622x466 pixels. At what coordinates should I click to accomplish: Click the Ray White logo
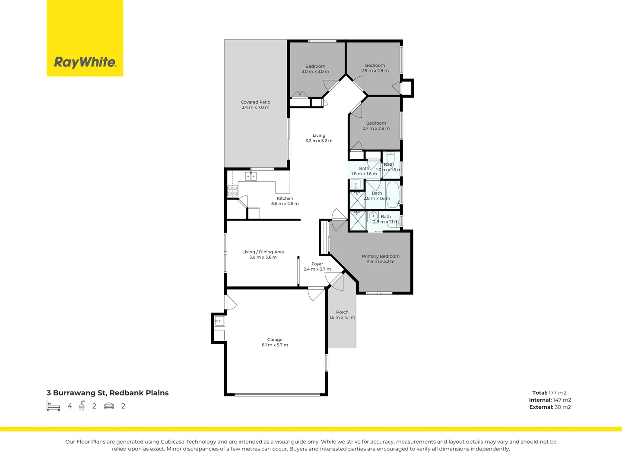(85, 62)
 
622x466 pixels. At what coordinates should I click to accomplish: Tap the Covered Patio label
(256, 102)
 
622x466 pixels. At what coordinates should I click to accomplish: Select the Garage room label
(275, 340)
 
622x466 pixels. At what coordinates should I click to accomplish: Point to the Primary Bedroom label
(381, 256)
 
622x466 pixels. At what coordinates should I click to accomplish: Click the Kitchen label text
(285, 198)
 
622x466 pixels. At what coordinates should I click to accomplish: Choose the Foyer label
(317, 264)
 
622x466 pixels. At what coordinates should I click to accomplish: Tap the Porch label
(342, 312)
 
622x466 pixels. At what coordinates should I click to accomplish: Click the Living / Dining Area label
(263, 252)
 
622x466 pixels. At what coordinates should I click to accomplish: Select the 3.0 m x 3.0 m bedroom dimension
(315, 72)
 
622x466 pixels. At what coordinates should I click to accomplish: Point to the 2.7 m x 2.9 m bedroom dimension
(376, 129)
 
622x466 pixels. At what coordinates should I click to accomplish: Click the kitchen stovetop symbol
(232, 191)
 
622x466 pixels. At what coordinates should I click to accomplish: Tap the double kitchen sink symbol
(251, 176)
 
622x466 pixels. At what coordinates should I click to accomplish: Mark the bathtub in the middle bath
(392, 195)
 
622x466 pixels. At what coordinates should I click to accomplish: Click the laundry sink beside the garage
(219, 321)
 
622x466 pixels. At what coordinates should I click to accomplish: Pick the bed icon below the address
(53, 406)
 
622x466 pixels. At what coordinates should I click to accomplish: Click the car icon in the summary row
(109, 406)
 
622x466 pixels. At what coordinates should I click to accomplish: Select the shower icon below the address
(82, 406)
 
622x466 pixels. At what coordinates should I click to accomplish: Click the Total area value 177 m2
(558, 393)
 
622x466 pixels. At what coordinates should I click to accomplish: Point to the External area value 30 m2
(563, 407)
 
